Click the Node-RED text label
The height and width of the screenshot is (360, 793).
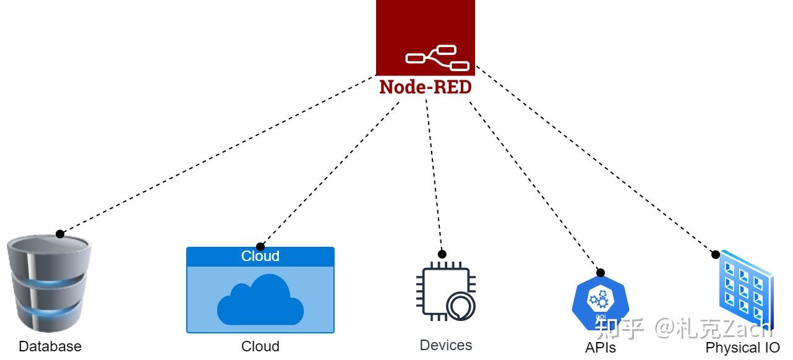[x=426, y=87]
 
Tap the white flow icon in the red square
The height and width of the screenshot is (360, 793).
[x=437, y=58]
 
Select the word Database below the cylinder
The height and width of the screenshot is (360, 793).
[x=50, y=346]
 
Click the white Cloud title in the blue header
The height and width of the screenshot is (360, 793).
[x=260, y=256]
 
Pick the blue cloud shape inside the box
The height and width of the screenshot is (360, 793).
[x=260, y=301]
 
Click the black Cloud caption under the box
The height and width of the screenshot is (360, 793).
[x=260, y=346]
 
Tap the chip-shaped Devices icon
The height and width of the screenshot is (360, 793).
[x=445, y=291]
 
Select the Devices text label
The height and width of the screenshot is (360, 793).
[x=445, y=345]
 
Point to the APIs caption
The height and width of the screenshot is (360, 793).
[x=600, y=348]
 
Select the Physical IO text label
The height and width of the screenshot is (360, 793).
[x=742, y=348]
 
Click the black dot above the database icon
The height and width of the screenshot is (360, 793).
[x=60, y=234]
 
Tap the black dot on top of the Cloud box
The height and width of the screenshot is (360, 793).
[x=260, y=247]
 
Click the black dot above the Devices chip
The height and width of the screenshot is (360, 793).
[x=442, y=254]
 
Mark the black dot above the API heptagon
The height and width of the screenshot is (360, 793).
[x=600, y=273]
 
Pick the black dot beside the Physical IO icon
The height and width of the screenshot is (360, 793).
[x=715, y=254]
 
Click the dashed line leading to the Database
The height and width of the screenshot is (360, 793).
[x=216, y=155]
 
